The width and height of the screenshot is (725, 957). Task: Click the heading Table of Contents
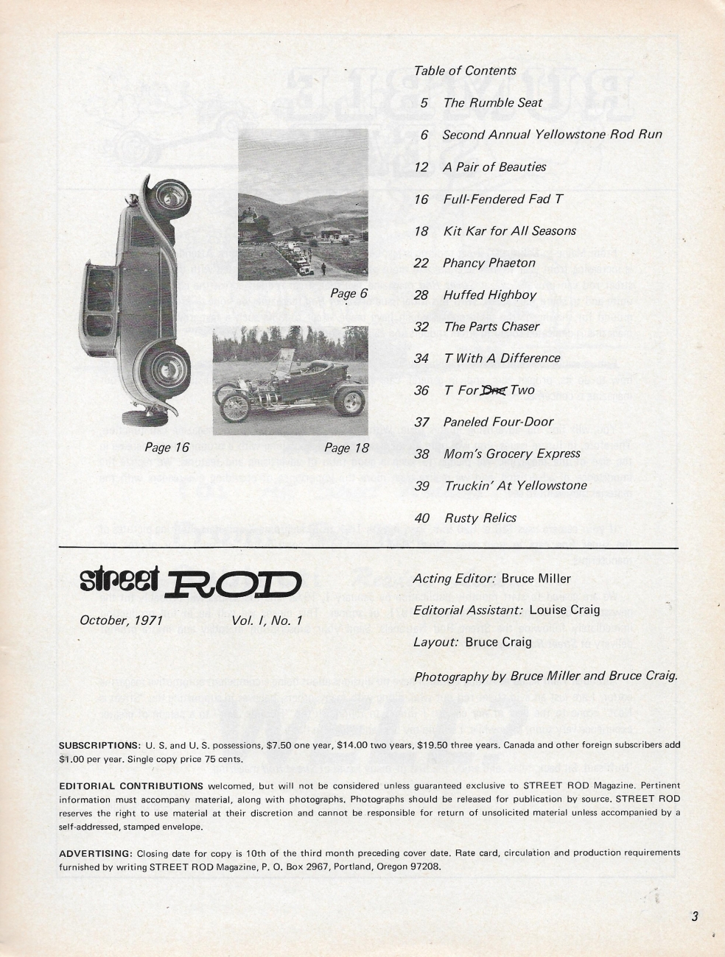[x=465, y=71]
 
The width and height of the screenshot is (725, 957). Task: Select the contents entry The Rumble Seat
[x=492, y=103]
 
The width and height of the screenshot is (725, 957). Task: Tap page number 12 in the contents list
[x=421, y=167]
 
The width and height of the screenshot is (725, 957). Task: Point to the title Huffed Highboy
[x=489, y=294]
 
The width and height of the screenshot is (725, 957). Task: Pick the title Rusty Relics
[x=480, y=518]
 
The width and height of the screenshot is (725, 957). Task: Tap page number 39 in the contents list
[x=421, y=486]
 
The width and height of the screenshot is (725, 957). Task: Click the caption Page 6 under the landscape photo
[x=349, y=294]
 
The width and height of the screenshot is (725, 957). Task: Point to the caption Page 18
[x=346, y=447]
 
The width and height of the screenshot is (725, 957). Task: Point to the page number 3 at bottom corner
[x=694, y=917]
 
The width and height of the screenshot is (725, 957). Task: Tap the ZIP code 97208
[x=424, y=866]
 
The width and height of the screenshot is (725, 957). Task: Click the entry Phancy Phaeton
[x=489, y=263]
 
